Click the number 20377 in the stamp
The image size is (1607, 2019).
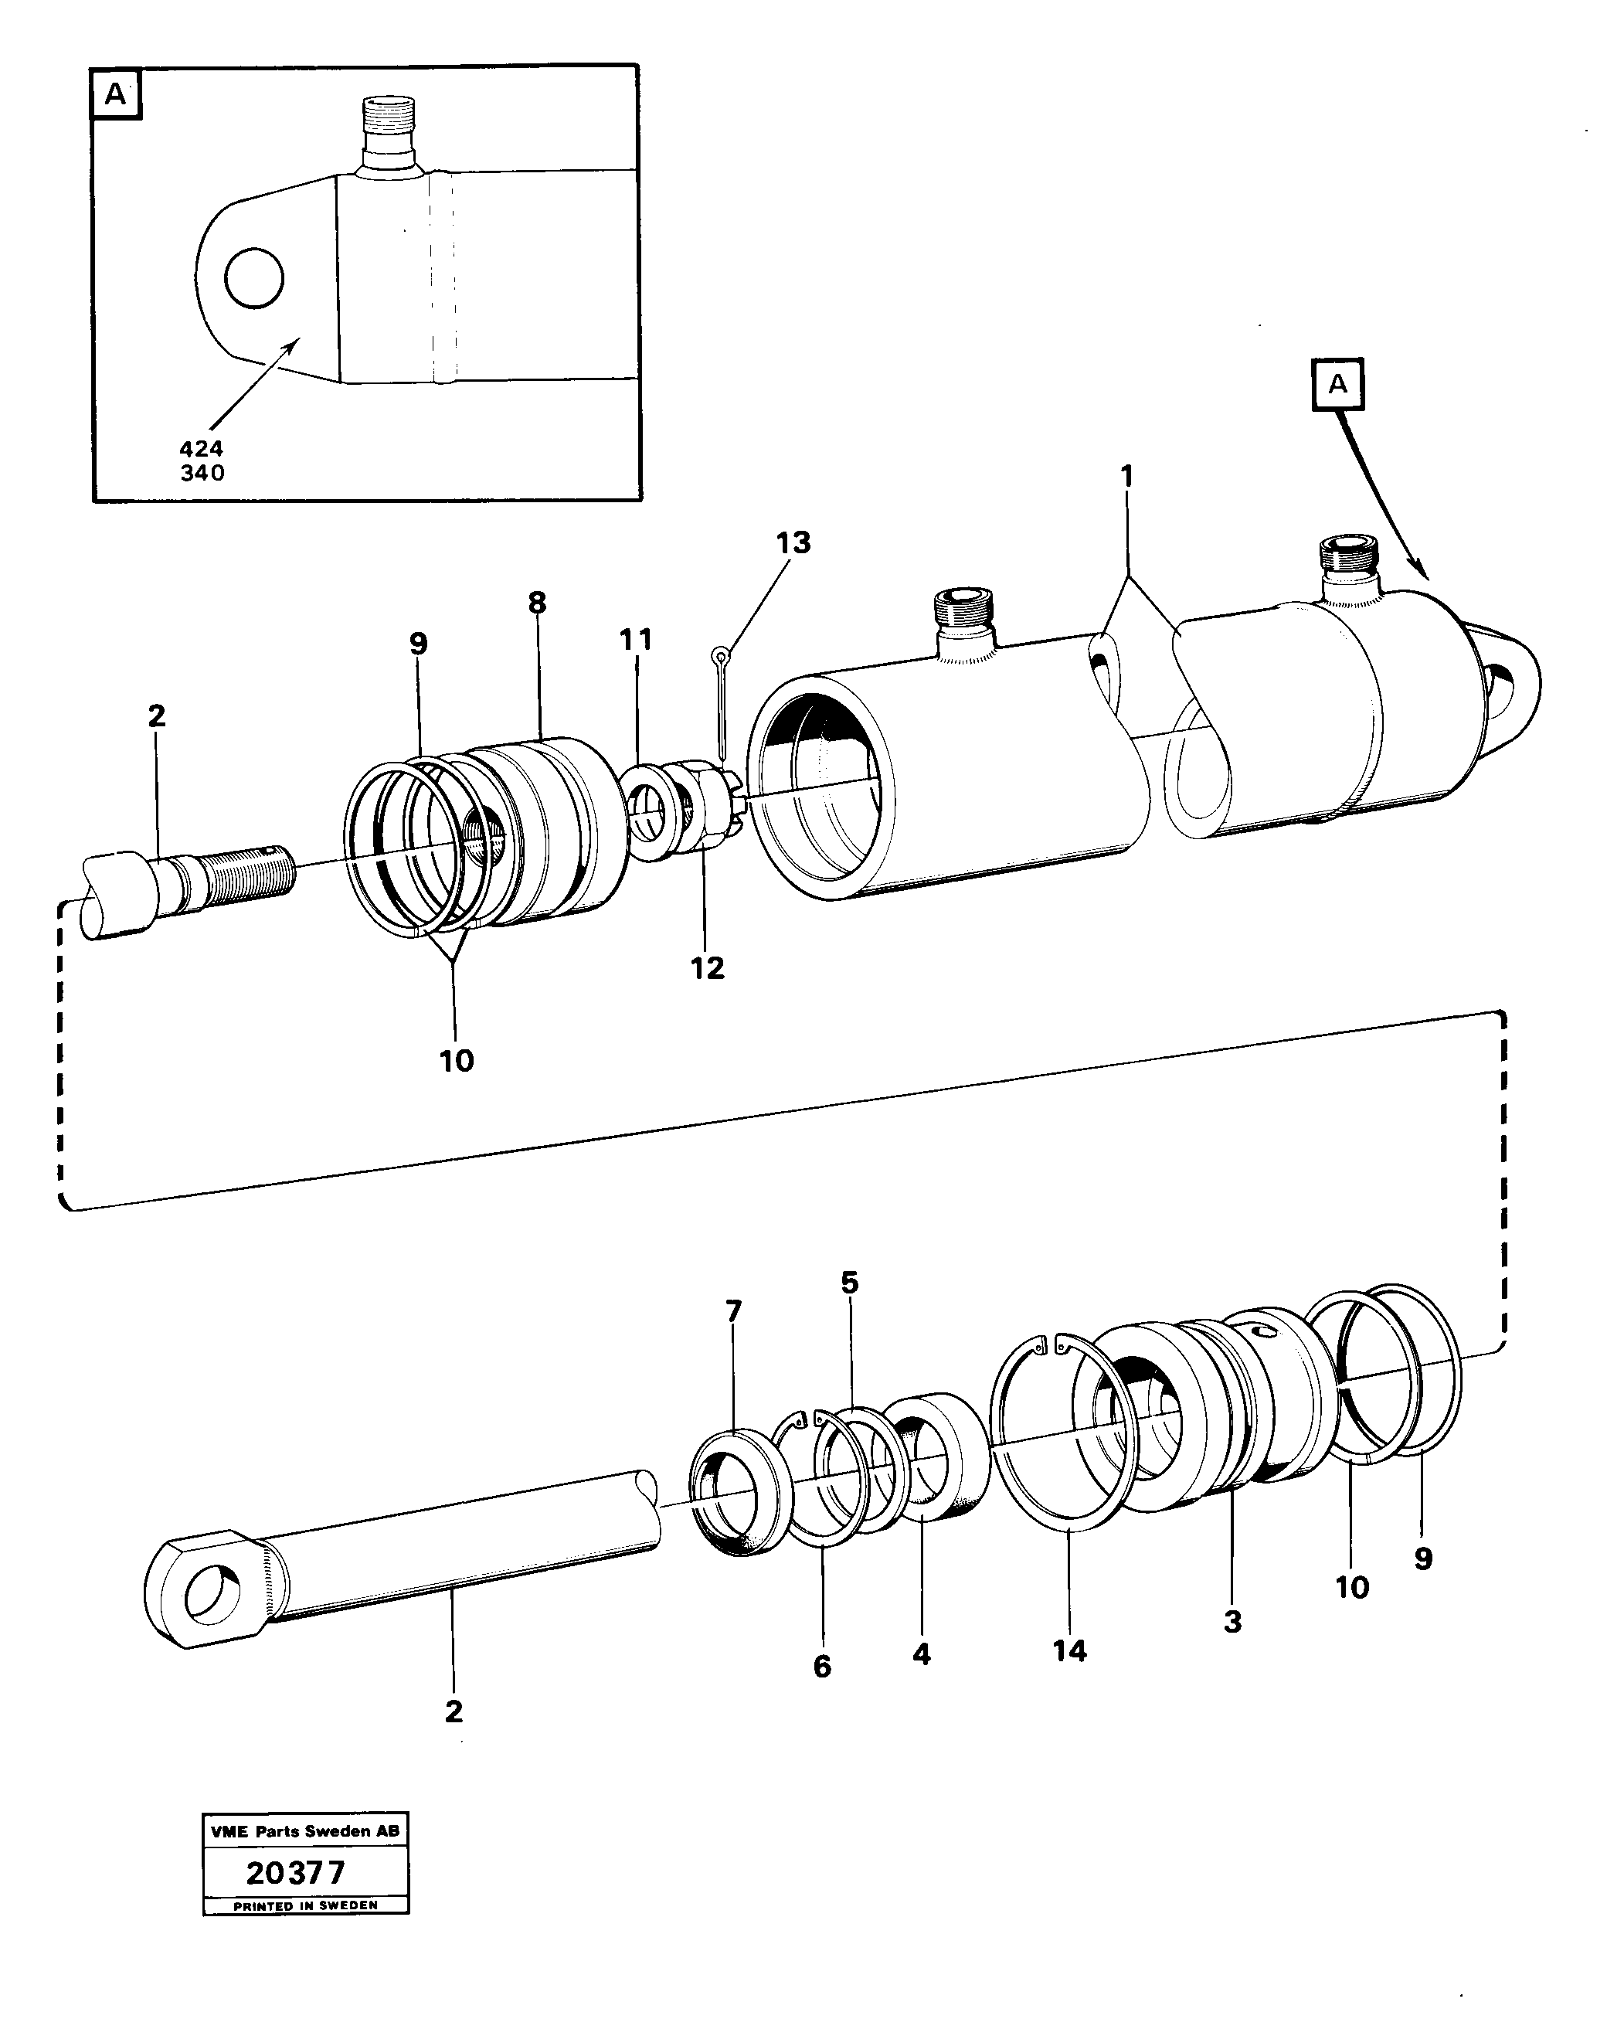tap(295, 1873)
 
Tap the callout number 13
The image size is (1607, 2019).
tap(792, 543)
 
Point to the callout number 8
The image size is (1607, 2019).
tap(537, 603)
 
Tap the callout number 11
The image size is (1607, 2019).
tap(635, 641)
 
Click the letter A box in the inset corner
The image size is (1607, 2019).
tap(115, 93)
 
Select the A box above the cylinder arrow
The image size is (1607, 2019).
tap(1337, 384)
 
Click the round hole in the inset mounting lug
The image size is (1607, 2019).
tap(253, 277)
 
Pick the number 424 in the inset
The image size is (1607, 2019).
tap(202, 449)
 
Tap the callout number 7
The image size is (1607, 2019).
tap(733, 1311)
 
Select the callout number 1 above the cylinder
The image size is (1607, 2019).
tap(1127, 478)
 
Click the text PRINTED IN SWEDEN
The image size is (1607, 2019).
tap(305, 1905)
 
